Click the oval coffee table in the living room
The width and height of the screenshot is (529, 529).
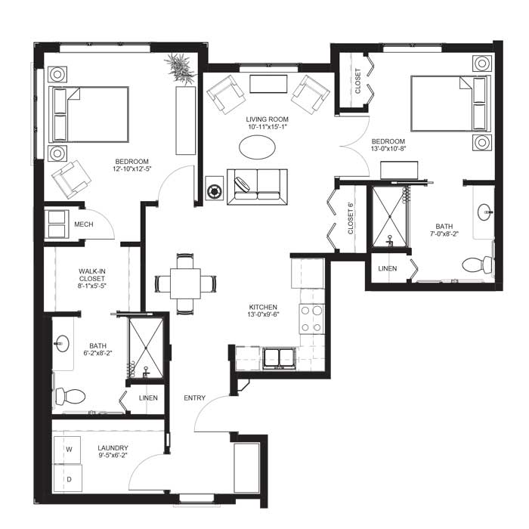tap(257, 147)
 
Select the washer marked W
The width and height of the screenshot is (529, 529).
tap(67, 450)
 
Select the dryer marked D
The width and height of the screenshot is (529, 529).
tap(68, 478)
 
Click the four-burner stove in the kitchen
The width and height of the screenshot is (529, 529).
tap(311, 318)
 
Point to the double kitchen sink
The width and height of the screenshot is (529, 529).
tap(279, 358)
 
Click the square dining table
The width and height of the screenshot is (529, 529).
tap(185, 283)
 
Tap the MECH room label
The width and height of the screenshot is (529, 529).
tap(84, 224)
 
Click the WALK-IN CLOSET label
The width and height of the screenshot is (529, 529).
tap(91, 275)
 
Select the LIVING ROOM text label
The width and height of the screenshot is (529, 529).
tap(268, 119)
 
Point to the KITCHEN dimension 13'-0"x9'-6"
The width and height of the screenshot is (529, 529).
tap(263, 314)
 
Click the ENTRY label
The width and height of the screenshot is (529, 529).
tap(195, 398)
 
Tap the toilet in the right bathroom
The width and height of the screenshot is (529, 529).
tap(478, 264)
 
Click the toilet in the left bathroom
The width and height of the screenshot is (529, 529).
tap(70, 396)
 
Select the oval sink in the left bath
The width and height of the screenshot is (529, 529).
tap(62, 343)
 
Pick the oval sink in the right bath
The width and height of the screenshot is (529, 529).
tap(485, 212)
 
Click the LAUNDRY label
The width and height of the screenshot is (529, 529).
tap(113, 448)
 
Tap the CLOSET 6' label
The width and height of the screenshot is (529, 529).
tap(351, 218)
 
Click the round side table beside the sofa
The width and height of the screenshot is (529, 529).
tap(214, 191)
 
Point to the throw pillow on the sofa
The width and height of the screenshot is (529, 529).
tap(242, 184)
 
